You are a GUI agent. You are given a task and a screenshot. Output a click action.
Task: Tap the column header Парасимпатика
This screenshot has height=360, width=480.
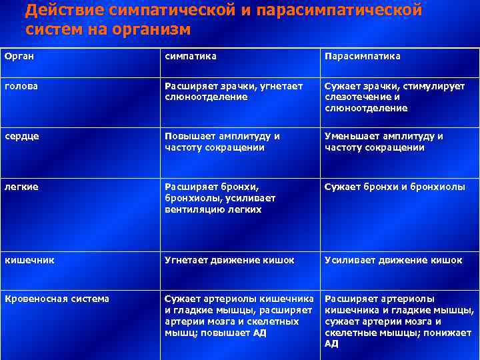362,56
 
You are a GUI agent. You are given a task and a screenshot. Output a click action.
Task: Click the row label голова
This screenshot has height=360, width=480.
21,86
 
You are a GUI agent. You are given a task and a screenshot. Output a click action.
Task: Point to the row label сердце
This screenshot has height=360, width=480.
22,135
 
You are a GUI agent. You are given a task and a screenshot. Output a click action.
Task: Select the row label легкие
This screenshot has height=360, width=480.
21,187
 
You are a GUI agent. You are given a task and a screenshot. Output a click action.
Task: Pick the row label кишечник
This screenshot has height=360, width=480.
29,260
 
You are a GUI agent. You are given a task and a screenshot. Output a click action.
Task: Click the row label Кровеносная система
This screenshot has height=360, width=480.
56,299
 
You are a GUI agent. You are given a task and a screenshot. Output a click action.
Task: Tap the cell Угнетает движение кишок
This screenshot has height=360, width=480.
229,260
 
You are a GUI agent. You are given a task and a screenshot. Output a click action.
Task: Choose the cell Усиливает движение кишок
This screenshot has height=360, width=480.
393,260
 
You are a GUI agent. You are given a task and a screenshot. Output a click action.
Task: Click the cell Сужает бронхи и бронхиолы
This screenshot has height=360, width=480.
395,187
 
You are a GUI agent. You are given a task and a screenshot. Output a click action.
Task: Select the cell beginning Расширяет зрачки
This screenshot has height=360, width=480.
233,91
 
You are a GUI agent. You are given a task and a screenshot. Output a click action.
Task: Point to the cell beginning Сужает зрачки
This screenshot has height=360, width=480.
394,97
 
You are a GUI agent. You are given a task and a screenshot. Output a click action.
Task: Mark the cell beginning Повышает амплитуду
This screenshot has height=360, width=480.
222,141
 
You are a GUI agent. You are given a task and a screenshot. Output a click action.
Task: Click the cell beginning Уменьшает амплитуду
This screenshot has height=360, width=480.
383,141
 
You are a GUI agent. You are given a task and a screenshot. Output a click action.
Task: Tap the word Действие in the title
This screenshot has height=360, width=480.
66,10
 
